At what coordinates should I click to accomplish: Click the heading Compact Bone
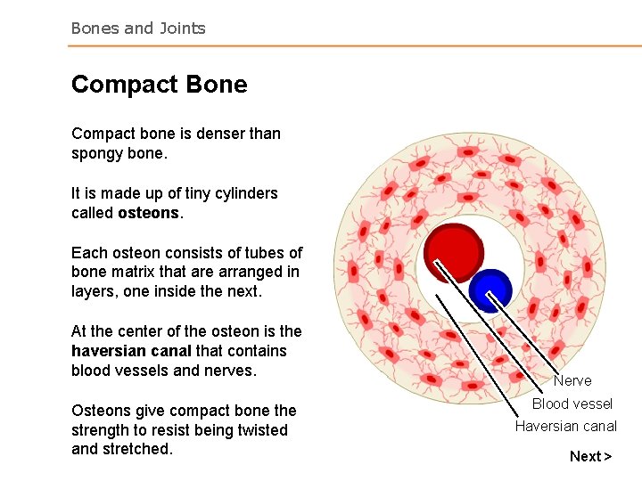159,85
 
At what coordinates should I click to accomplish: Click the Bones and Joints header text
138,28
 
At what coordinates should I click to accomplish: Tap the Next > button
590,456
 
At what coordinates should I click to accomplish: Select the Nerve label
572,380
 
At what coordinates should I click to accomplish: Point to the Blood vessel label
572,404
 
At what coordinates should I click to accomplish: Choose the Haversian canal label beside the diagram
565,426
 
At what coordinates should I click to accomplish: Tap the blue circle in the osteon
490,289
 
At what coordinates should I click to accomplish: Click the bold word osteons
147,213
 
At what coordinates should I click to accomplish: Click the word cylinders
243,193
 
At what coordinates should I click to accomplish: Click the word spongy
96,153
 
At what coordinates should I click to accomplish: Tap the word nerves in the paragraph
230,371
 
